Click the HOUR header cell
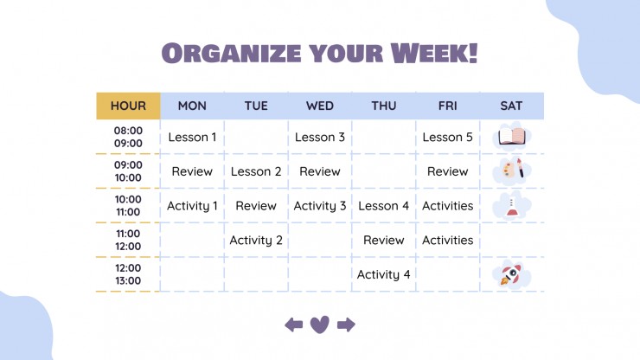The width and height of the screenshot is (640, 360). coord(128,106)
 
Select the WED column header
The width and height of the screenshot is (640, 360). coord(320,106)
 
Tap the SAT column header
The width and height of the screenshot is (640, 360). coord(511,106)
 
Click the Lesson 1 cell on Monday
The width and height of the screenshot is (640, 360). coord(192,138)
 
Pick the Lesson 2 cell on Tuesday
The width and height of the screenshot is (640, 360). coord(256,171)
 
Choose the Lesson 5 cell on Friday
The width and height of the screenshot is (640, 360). coord(448,138)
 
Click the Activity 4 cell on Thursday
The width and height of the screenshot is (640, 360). coord(384,274)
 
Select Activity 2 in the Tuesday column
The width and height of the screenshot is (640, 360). coord(256,241)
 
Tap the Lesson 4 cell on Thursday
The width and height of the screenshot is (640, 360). coord(384,206)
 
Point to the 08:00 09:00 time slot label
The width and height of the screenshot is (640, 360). coord(128,137)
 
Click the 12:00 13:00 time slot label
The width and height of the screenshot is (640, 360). coord(128,274)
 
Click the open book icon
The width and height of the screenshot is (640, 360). coord(512,137)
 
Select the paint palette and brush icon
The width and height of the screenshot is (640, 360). coord(513,169)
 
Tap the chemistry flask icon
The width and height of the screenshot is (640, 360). coord(511,207)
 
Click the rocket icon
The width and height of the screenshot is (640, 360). coord(510,274)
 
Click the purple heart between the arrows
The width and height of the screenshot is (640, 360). coord(320,325)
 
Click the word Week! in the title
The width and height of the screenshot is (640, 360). coord(434,53)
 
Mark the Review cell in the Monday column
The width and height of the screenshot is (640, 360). coord(192,171)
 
